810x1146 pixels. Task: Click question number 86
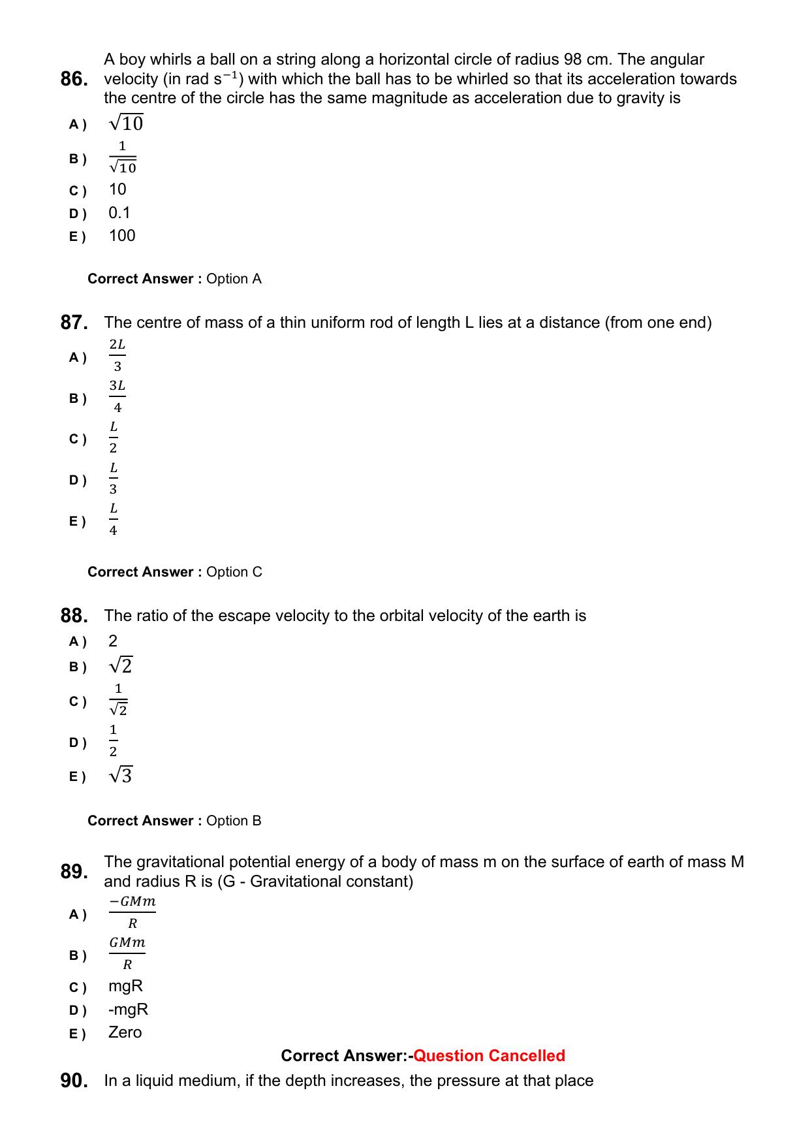tap(74, 79)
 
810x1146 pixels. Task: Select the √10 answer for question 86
tap(126, 123)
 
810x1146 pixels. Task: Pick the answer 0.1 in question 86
tap(119, 213)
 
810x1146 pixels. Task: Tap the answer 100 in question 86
tap(122, 236)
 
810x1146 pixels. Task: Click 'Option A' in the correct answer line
tap(234, 279)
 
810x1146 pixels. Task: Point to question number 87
tap(74, 323)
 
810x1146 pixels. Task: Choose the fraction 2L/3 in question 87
tap(117, 355)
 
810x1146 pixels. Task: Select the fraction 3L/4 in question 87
tap(117, 396)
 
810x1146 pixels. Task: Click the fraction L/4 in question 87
tap(114, 519)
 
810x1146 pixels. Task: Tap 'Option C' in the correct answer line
tap(234, 572)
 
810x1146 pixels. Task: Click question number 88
tap(74, 616)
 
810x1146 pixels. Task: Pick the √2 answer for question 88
tap(121, 666)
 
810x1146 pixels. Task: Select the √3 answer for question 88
tap(121, 776)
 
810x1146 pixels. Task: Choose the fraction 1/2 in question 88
tap(114, 740)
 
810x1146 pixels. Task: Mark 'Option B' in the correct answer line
tap(234, 821)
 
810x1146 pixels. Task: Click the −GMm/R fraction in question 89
tap(132, 912)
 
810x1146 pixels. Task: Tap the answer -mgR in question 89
tap(129, 1010)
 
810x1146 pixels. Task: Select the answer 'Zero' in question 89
tap(125, 1032)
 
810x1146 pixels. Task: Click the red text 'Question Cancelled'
tap(489, 1056)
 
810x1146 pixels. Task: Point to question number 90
tap(74, 1081)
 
